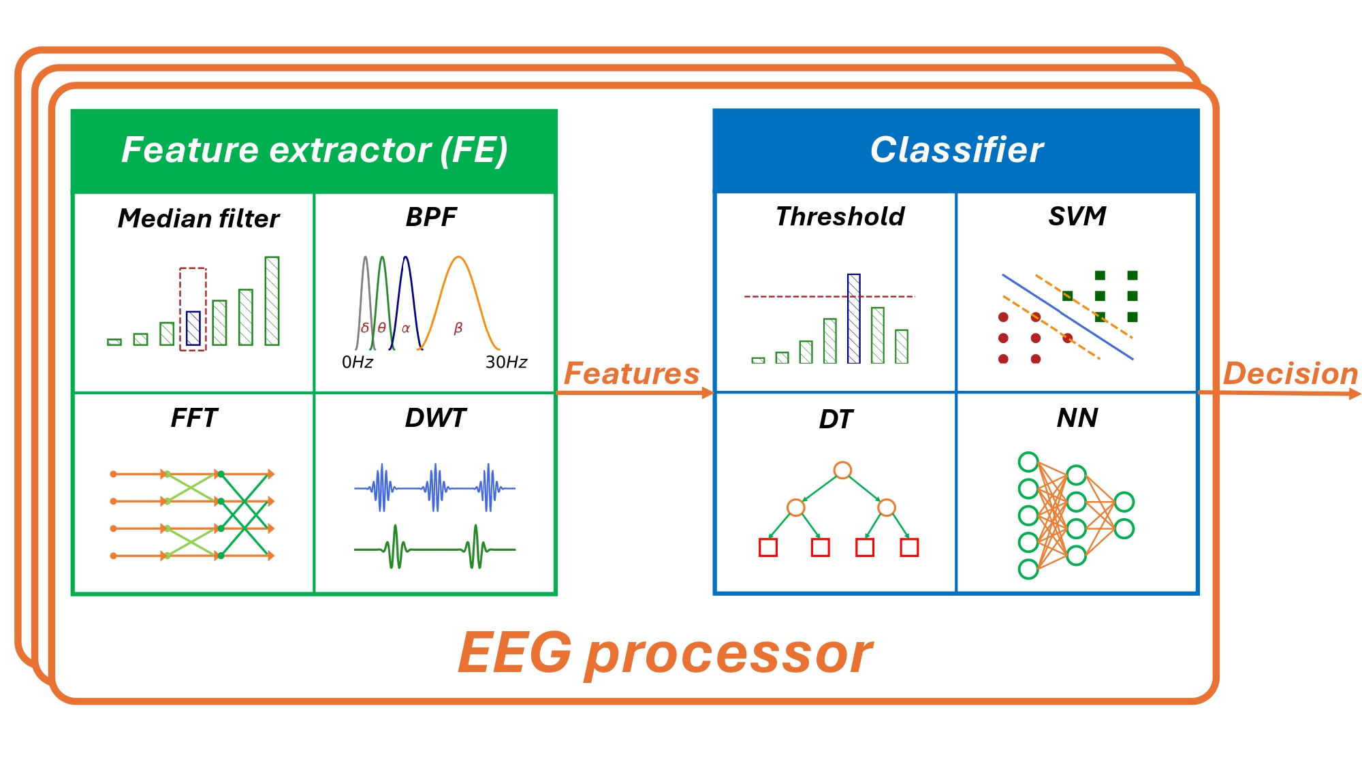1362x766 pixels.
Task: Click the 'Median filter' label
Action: coord(198,219)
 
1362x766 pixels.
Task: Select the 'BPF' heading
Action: coord(431,217)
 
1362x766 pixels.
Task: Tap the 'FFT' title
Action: coord(194,417)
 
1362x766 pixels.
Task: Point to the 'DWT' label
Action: coord(435,417)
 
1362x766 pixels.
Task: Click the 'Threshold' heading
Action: coord(840,217)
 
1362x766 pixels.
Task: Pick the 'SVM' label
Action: coord(1077,217)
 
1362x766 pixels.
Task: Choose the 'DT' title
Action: coord(836,419)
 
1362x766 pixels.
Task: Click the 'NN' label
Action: coord(1077,417)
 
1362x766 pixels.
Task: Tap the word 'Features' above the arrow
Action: coord(631,373)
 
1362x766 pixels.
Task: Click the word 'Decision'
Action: coord(1290,373)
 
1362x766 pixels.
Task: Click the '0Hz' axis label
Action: coord(358,362)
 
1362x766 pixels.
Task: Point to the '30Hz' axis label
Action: coord(506,362)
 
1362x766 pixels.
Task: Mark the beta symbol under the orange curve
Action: coord(458,328)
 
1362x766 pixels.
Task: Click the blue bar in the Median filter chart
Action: coord(193,328)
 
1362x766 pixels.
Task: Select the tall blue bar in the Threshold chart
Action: coord(854,318)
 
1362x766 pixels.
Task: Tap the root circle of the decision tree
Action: coord(842,470)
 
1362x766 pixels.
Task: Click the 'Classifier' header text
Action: coord(956,150)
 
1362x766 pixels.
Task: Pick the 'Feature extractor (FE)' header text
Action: coord(314,150)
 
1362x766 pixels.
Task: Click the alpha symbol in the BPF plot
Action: coord(406,329)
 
